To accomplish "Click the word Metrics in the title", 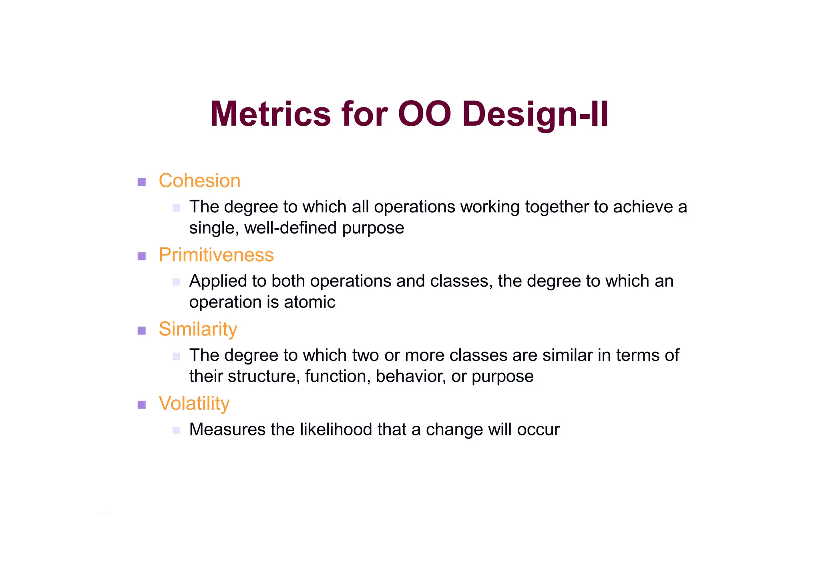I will (270, 114).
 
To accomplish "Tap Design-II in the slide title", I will (535, 115).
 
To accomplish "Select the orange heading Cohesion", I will (199, 181).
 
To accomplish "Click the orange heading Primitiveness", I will (216, 255).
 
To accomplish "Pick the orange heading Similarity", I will (198, 329).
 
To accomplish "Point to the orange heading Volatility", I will (194, 403).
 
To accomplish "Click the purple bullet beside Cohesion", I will (141, 182).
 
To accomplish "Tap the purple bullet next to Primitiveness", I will (141, 256).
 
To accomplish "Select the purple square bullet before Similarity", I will (141, 330).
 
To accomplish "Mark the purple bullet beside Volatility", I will (141, 405).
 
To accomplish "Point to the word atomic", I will (310, 302).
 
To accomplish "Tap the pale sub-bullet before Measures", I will (176, 431).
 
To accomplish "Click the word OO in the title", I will (424, 114).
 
